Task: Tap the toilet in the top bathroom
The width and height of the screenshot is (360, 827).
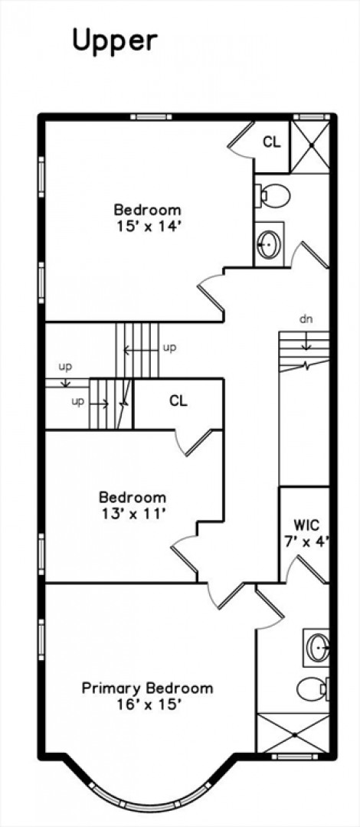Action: point(273,196)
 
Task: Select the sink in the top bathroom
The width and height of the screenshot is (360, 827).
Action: point(269,244)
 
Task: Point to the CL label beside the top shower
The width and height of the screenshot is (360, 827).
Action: point(272,142)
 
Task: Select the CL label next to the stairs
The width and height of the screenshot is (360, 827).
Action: point(178,401)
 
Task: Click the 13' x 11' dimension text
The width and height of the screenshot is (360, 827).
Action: point(133,512)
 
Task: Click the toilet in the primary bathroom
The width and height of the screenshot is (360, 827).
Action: point(313,688)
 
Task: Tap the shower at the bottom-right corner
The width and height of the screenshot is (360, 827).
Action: point(293,733)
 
